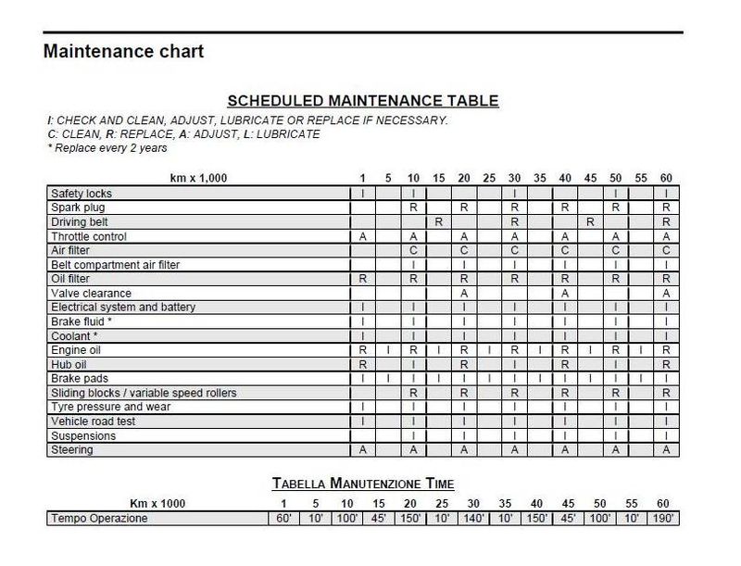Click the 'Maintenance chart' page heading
click(x=123, y=51)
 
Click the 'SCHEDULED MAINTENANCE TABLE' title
click(x=363, y=101)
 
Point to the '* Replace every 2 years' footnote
click(x=107, y=148)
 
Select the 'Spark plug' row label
click(x=78, y=208)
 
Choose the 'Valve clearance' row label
click(x=91, y=293)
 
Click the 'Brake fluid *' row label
click(x=82, y=321)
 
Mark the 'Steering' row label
click(x=72, y=450)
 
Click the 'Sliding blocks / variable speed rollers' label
click(x=144, y=393)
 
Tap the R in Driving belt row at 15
click(x=438, y=222)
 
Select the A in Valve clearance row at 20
click(x=464, y=293)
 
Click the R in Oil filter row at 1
click(x=362, y=279)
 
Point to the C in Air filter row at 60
click(x=666, y=250)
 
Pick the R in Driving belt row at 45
click(x=590, y=222)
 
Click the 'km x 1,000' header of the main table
click(x=197, y=177)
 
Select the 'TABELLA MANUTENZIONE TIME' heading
click(x=362, y=484)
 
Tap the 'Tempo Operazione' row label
click(x=99, y=519)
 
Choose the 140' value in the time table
click(x=473, y=519)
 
